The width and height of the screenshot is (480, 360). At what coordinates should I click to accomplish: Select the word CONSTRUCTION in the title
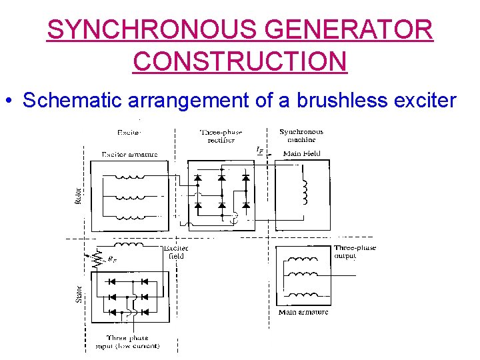(x=240, y=61)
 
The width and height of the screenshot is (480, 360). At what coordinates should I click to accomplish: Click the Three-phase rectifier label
(x=221, y=136)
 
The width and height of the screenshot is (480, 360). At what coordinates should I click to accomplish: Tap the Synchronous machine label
(x=301, y=136)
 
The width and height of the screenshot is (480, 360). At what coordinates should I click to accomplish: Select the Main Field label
(x=302, y=154)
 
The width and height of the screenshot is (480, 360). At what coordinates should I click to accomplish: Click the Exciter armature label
(x=129, y=154)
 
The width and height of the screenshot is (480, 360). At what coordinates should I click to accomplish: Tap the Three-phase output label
(x=355, y=251)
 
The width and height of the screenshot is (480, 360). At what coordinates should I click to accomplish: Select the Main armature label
(x=303, y=312)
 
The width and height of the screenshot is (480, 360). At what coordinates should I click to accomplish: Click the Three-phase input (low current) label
(x=132, y=341)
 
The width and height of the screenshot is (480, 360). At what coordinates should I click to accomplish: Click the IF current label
(x=259, y=150)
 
